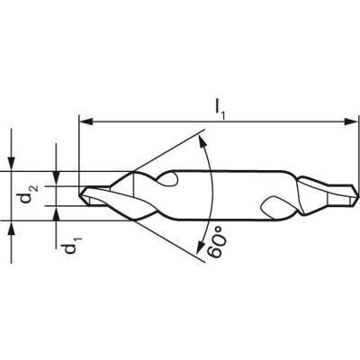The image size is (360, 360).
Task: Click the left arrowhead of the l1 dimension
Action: [85, 120]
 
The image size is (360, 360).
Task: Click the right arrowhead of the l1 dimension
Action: [347, 120]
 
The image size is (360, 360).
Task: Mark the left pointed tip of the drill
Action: [80, 193]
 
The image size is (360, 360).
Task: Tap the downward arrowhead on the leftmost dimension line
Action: [13, 162]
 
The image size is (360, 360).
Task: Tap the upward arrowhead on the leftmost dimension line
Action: [13, 225]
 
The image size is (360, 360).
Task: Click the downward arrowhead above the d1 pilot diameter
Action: [58, 179]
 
